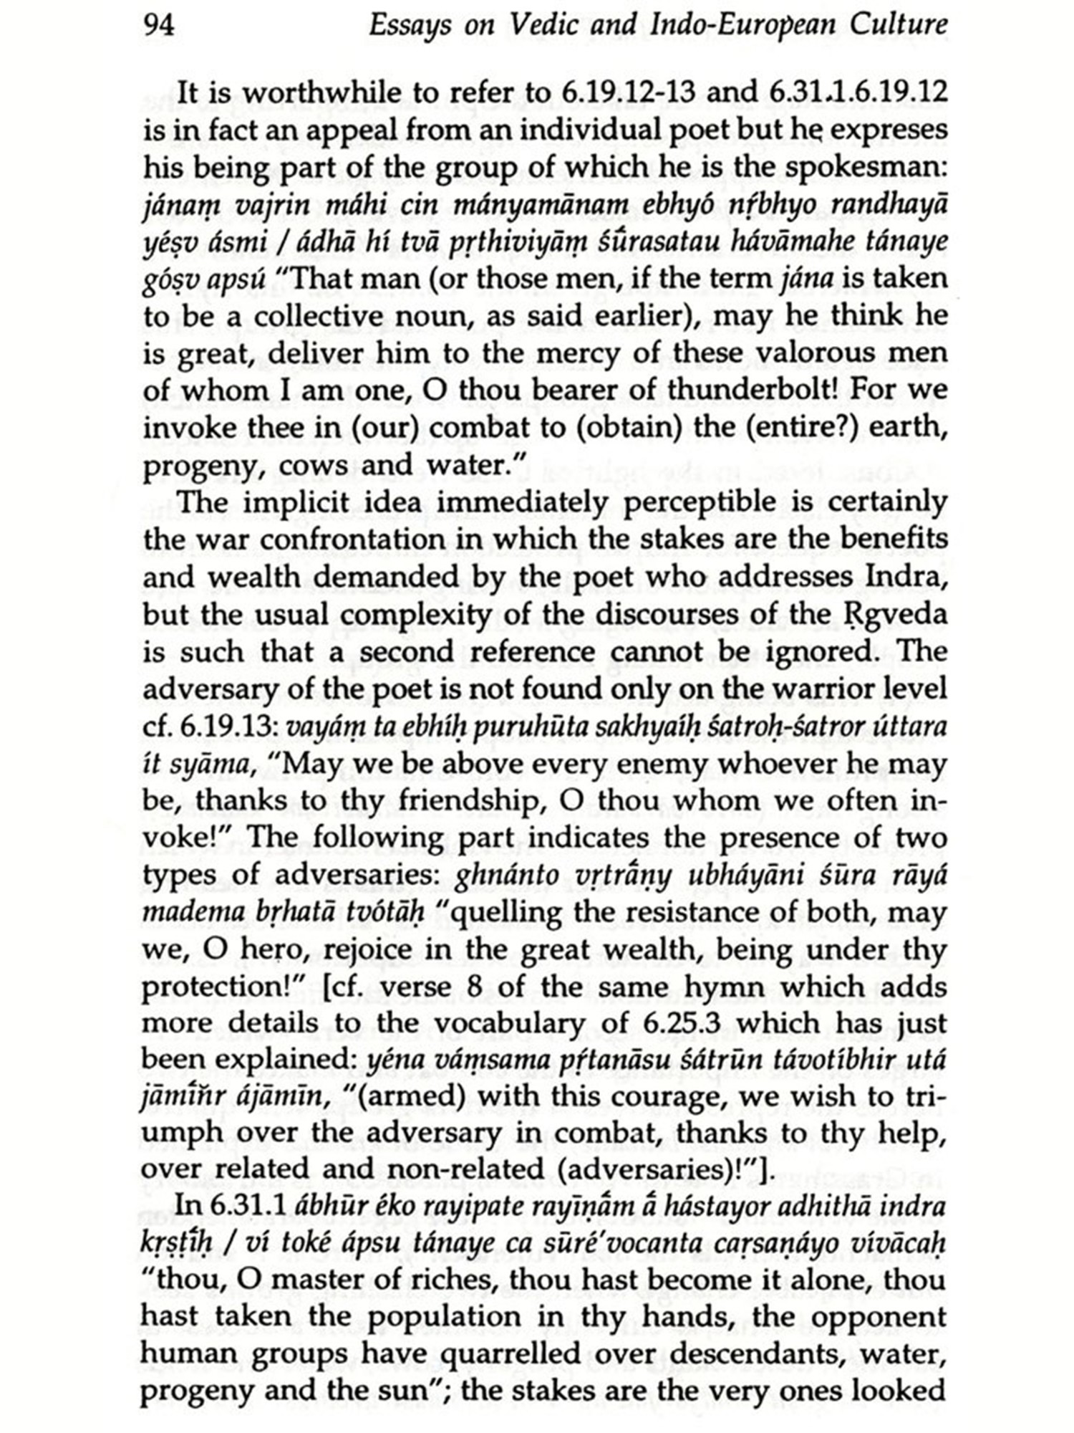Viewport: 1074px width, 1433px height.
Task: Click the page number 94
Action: tap(159, 26)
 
